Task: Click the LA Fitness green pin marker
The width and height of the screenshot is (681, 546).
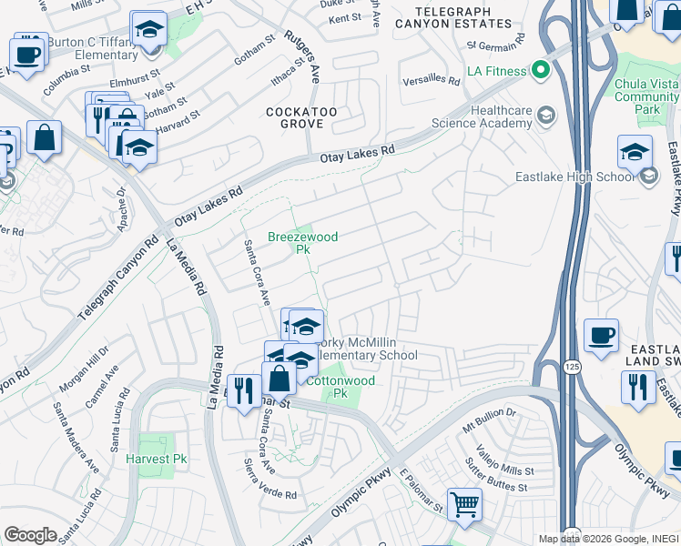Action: [x=541, y=70]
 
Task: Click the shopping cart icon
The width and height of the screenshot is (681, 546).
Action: [x=464, y=504]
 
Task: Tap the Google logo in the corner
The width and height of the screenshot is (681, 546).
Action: [x=30, y=534]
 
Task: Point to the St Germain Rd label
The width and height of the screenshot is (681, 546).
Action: [x=495, y=42]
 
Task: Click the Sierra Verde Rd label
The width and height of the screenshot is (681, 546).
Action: [x=272, y=495]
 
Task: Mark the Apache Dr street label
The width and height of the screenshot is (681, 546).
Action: [x=122, y=211]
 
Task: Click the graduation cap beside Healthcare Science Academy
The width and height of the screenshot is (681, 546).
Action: [x=545, y=115]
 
